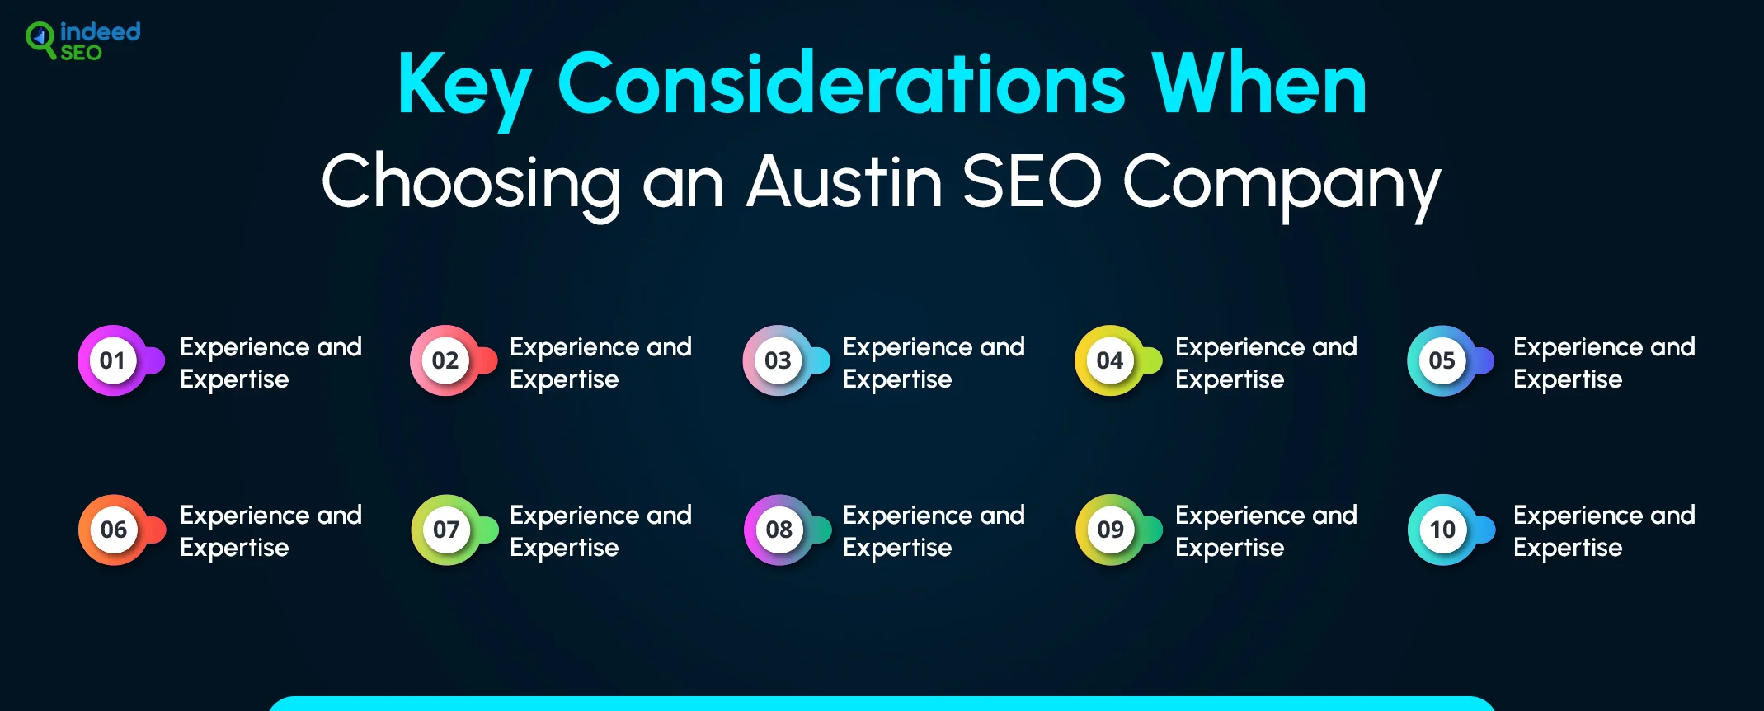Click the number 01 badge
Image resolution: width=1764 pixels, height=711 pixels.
tap(113, 360)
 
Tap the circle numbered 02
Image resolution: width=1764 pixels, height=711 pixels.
tap(445, 360)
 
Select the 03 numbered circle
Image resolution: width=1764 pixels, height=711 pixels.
tap(778, 360)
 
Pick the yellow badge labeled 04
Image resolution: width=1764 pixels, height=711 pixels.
tap(1110, 360)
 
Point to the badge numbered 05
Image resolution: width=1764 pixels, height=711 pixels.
tap(1442, 360)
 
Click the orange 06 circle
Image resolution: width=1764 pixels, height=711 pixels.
tap(114, 530)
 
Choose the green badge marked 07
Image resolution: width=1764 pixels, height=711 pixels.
tap(446, 530)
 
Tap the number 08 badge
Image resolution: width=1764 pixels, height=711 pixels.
tap(779, 530)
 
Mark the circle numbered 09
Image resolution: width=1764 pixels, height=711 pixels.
tap(1111, 530)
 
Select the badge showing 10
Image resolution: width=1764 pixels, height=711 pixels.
tap(1443, 530)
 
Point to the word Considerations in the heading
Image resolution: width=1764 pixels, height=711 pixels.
tap(841, 82)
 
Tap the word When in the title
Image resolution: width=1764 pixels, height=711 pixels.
tap(1258, 82)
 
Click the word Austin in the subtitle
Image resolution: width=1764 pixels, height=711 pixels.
tap(844, 181)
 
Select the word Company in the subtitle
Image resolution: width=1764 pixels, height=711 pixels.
tap(1282, 186)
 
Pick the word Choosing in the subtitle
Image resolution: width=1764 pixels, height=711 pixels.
tap(471, 186)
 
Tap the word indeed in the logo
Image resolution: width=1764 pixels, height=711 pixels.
tap(101, 31)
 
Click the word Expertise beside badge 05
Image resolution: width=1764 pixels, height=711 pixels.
tap(1568, 379)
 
